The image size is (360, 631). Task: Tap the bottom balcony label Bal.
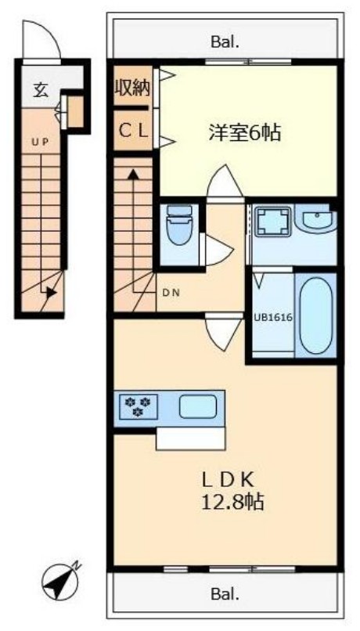pos(224,593)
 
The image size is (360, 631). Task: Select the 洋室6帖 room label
pos(244,133)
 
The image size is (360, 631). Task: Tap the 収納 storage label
pos(133,88)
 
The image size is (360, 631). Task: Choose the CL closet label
pos(133,132)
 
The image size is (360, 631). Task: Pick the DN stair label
pos(171,294)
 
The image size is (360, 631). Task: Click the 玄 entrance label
pos(40,89)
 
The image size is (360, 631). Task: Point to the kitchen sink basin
pos(200,407)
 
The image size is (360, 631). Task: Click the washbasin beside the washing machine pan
pos(318,222)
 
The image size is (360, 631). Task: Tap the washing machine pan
pos(272,222)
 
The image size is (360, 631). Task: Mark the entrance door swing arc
pos(42,39)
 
